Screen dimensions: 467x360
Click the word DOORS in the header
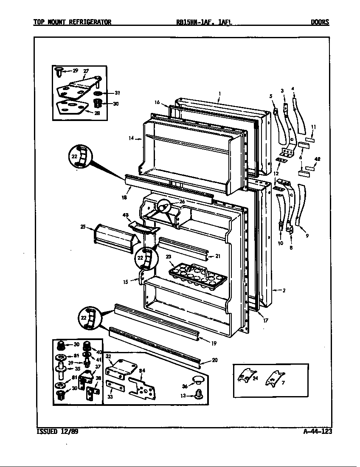(319, 23)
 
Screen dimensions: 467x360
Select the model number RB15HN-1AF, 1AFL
(204, 23)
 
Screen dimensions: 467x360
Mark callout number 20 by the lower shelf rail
(214, 360)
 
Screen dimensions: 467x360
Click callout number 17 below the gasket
(265, 321)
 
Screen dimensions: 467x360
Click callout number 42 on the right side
(316, 159)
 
